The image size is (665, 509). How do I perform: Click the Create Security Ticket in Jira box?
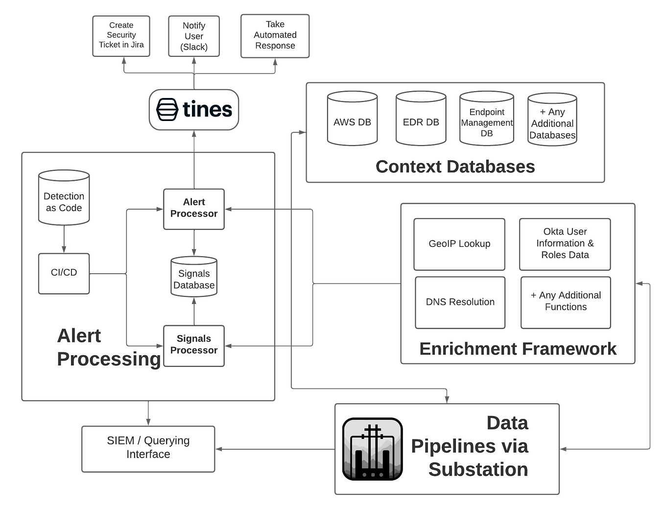point(121,35)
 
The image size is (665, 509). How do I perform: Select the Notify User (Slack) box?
point(194,36)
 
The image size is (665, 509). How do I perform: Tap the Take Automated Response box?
point(275,36)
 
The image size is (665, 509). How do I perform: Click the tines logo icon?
point(167,109)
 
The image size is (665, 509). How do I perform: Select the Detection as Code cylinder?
point(64,198)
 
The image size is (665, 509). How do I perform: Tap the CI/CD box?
point(64,273)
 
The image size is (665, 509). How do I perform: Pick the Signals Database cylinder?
point(194,277)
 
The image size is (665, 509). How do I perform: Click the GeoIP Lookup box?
point(459,244)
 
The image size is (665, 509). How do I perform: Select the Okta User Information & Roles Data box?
point(565,244)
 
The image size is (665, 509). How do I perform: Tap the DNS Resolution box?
point(460,302)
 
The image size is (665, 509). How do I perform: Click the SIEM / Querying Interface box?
point(148,448)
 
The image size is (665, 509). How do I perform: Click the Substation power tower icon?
point(373,449)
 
